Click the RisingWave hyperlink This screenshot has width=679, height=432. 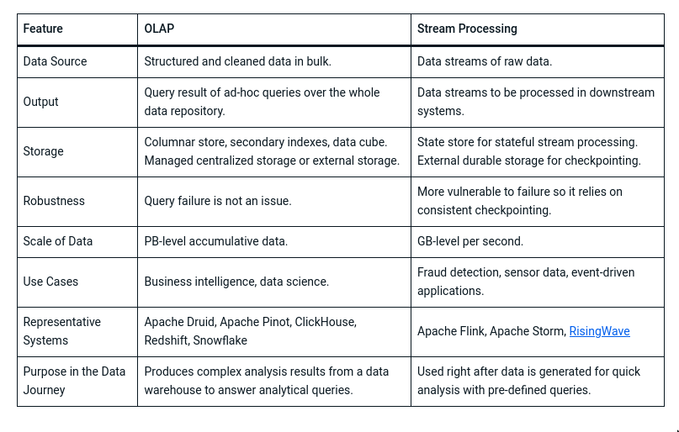(599, 331)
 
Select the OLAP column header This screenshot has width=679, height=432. (159, 29)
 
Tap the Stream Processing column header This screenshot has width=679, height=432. (467, 29)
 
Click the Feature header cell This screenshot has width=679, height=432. (43, 29)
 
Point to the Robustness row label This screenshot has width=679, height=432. (53, 201)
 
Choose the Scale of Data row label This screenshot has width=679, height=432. (57, 241)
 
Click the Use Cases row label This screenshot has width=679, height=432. (50, 282)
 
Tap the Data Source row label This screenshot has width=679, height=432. (55, 61)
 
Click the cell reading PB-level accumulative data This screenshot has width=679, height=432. (215, 241)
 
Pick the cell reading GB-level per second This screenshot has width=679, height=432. (469, 241)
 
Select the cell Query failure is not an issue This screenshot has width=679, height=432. (218, 201)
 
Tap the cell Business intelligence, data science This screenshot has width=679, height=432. (236, 282)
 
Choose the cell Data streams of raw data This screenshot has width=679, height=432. (484, 61)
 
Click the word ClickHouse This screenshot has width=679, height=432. (326, 322)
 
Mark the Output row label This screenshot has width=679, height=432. (40, 102)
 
